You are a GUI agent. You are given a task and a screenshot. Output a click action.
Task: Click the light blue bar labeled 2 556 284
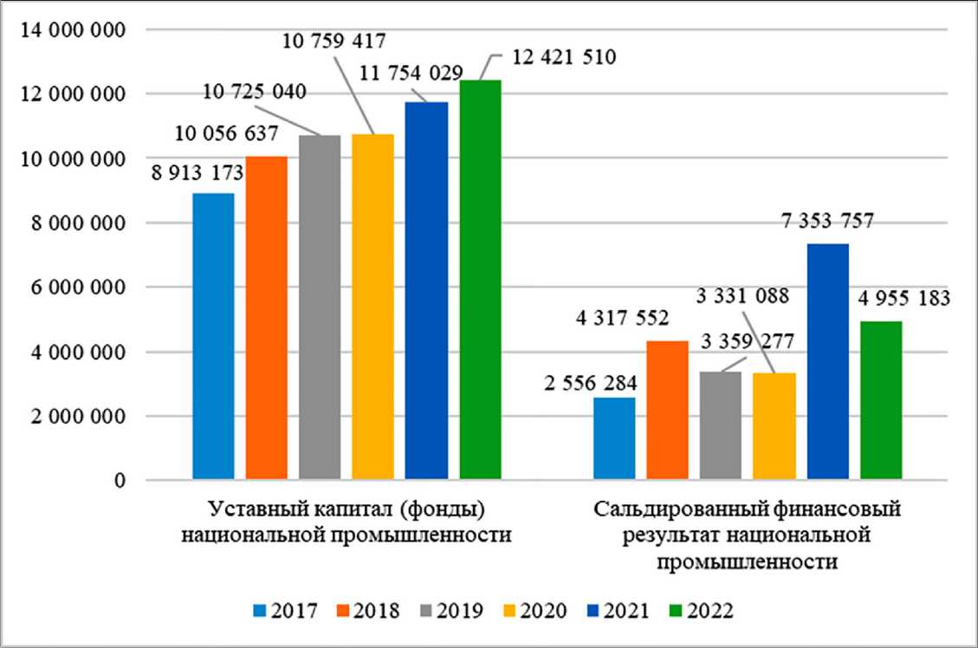click(x=614, y=438)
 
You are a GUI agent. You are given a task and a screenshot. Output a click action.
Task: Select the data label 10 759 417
click(x=334, y=39)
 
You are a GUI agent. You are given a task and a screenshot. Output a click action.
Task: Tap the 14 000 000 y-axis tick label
click(x=74, y=29)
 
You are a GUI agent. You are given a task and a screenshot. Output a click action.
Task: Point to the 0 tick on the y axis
click(x=120, y=481)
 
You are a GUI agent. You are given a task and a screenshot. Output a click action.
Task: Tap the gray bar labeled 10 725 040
click(x=320, y=308)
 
